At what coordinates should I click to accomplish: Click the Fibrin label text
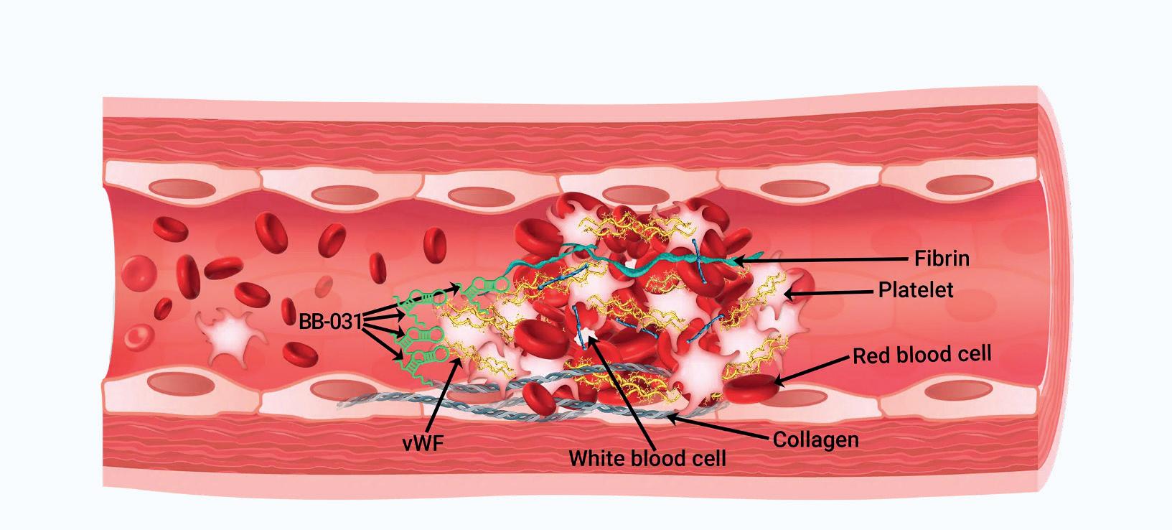942,258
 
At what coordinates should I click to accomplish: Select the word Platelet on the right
916,290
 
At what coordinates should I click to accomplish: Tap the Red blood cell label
922,354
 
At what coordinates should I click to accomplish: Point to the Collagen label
815,439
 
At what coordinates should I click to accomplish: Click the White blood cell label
647,457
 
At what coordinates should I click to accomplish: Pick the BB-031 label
330,322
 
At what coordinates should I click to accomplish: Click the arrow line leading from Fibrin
825,258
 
